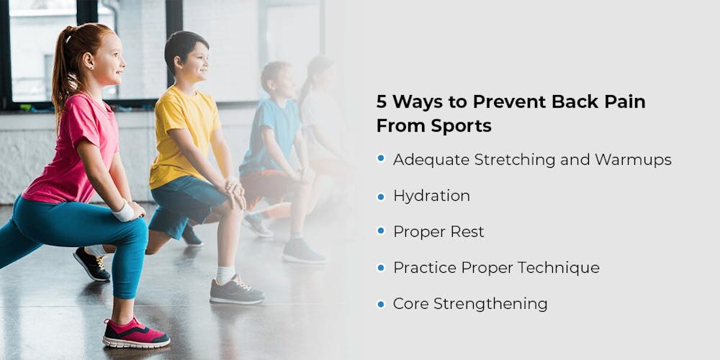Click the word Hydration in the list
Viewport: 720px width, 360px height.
click(431, 196)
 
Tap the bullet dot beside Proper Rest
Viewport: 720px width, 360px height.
click(381, 231)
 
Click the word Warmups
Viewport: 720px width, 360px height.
click(633, 160)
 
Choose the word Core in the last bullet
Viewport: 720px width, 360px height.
click(410, 304)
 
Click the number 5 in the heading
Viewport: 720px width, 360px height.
click(382, 102)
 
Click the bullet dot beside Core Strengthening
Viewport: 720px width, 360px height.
click(381, 303)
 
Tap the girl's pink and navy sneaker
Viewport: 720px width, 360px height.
click(136, 333)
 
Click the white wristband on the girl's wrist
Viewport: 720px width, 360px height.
click(123, 212)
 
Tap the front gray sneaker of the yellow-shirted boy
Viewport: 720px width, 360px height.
click(236, 290)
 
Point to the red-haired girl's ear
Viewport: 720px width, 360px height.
click(87, 60)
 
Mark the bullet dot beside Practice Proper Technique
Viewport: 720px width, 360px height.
click(381, 267)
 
